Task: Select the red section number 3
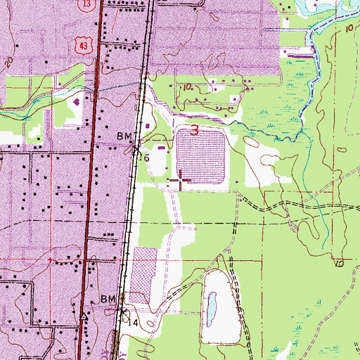193,130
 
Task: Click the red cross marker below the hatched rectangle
181,181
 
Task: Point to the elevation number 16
146,158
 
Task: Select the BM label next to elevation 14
107,300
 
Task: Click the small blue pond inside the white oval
210,307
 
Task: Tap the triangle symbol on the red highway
85,316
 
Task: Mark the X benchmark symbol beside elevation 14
124,311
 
